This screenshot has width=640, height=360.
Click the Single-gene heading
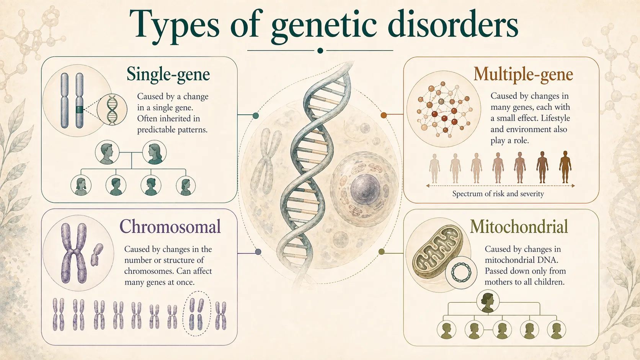coord(168,74)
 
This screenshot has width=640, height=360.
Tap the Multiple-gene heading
coord(523,74)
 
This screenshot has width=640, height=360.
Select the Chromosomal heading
coord(170,226)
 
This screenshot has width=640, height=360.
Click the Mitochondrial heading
coord(519,226)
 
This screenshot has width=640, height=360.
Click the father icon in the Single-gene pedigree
coord(107,152)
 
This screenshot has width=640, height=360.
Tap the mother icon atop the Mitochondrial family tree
coord(488,301)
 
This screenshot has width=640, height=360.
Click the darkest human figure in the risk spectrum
coord(565,167)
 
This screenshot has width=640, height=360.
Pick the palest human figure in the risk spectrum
coord(434,168)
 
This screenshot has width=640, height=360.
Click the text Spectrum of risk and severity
coord(498,194)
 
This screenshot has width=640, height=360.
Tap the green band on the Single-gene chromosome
coord(79,109)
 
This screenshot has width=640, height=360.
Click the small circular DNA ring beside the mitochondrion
coord(461,272)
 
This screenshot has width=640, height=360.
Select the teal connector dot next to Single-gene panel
coord(256,116)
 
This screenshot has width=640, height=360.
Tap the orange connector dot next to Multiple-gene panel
coord(384,115)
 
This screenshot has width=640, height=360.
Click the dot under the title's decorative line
coord(320,50)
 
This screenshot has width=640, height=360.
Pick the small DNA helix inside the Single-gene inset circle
coord(112,110)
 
